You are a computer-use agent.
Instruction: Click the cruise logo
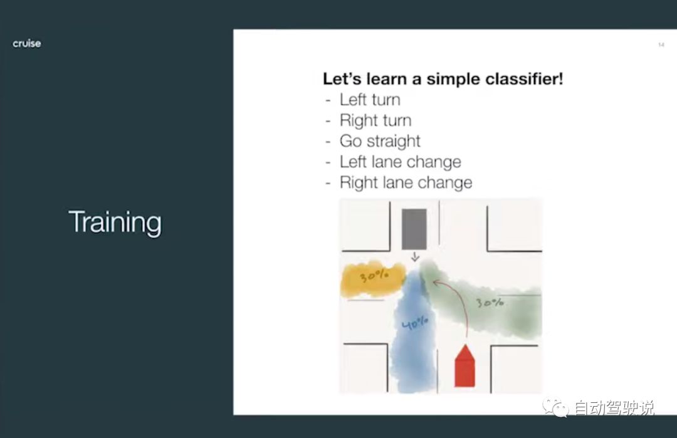(27, 44)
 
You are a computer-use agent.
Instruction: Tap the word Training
(115, 222)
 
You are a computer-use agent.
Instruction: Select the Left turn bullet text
(370, 100)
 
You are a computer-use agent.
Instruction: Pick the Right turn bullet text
(375, 120)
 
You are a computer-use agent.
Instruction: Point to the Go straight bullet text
(380, 141)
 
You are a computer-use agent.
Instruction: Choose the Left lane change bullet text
(400, 162)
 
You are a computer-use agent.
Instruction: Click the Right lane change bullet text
(406, 182)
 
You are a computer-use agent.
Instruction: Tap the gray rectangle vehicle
(414, 229)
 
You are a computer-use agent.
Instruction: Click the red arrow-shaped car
(464, 366)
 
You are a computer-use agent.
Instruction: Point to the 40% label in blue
(415, 323)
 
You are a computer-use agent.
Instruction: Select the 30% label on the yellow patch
(374, 275)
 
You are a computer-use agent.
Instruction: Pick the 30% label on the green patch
(490, 303)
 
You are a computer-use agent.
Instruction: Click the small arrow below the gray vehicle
(415, 257)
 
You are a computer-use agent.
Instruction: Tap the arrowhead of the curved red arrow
(436, 283)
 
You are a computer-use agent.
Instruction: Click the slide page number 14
(661, 45)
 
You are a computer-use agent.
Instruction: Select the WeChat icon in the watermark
(555, 407)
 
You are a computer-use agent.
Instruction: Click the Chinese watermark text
(614, 408)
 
